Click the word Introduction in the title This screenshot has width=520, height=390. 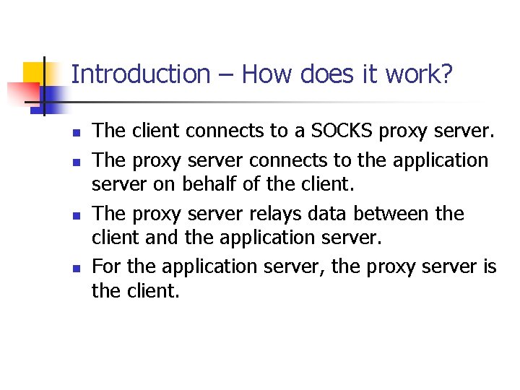[140, 74]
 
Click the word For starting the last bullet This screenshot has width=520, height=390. [106, 267]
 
